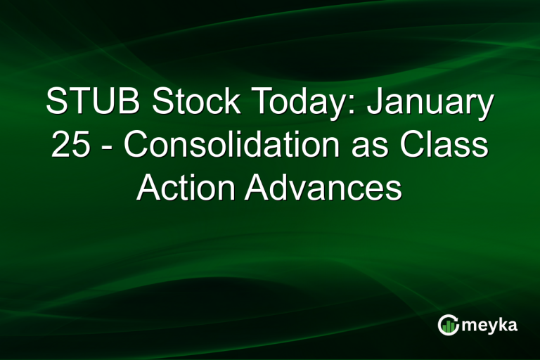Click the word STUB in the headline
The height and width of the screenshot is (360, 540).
click(x=89, y=103)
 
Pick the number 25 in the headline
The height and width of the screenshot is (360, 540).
click(x=67, y=146)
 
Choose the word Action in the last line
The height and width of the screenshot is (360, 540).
click(x=184, y=188)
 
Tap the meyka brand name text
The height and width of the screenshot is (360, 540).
click(x=490, y=325)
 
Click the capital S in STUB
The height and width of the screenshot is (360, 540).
click(x=56, y=103)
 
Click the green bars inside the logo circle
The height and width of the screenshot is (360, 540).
click(x=449, y=326)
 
